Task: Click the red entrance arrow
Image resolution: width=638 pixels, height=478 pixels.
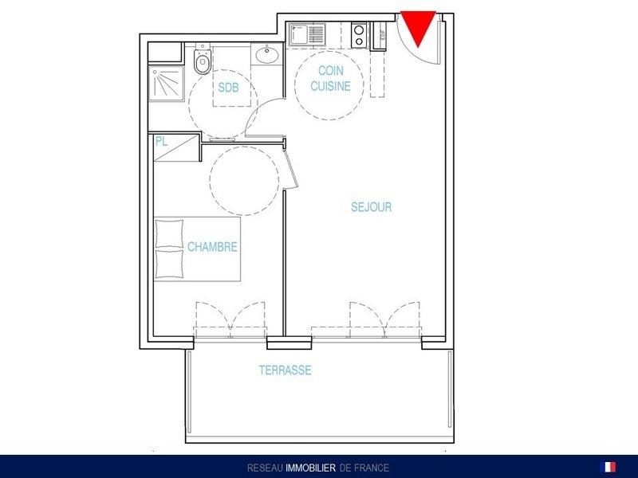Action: tap(418, 27)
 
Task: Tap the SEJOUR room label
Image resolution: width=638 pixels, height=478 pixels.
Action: tap(371, 207)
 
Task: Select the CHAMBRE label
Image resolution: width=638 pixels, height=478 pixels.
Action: tap(212, 247)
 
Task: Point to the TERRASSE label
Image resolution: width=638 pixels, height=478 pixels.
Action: tap(286, 370)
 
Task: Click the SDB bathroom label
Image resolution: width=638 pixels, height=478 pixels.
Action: tap(228, 88)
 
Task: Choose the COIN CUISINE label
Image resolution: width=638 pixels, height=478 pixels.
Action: tap(330, 78)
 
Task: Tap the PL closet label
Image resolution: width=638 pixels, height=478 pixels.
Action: tap(161, 142)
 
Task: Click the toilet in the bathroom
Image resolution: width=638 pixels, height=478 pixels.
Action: tap(203, 61)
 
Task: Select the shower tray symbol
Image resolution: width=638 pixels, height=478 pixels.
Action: tap(166, 84)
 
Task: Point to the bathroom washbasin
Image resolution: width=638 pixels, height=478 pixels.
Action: tap(267, 55)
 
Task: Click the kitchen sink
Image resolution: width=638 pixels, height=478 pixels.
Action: tap(307, 34)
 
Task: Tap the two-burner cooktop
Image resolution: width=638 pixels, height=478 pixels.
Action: tap(359, 35)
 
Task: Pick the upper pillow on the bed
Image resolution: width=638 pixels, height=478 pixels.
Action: tap(169, 233)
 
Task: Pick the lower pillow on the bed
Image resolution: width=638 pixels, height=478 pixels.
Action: tap(169, 264)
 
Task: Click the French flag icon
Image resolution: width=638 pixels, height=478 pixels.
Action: tap(608, 467)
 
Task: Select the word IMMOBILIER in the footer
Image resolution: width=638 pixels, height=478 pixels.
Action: tap(311, 468)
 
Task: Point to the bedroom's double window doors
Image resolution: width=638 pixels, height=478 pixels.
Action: tap(230, 320)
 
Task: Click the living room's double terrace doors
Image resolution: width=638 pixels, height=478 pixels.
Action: tap(384, 320)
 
